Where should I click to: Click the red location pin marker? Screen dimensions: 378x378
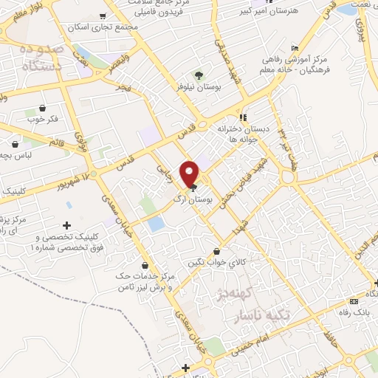190,173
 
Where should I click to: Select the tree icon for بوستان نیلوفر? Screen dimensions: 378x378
199,75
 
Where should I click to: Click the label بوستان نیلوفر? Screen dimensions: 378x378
199,87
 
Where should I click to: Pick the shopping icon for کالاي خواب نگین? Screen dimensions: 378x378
216,251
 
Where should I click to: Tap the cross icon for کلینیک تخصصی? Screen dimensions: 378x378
67,225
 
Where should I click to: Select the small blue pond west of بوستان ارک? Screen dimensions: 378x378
155,224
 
